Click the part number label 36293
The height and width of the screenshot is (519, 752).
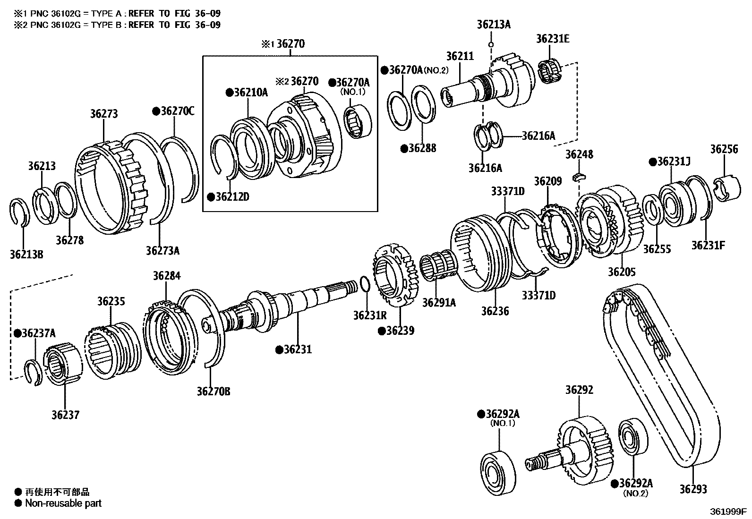(x=693, y=489)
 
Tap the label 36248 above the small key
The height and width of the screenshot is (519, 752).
(x=579, y=154)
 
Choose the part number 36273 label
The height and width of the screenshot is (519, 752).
(x=104, y=114)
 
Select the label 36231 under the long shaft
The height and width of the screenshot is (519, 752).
(x=297, y=349)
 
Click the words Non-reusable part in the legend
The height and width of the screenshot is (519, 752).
(x=63, y=503)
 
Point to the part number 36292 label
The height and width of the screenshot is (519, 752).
(x=579, y=390)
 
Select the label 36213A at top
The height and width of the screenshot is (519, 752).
(x=494, y=25)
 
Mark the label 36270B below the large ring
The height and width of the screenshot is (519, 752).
(x=214, y=391)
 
